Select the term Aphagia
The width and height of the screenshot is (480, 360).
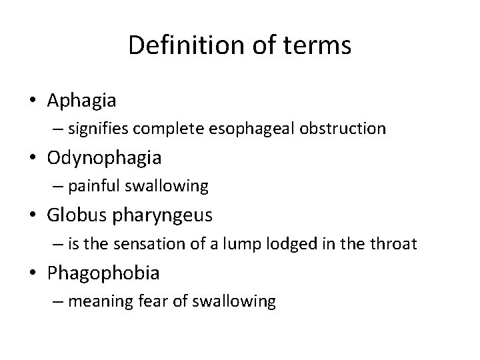click(82, 101)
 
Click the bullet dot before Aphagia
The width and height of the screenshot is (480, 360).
click(33, 101)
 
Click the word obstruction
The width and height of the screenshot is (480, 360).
click(346, 129)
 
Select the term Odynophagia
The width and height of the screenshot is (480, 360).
click(104, 159)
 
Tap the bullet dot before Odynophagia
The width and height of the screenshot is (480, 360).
click(33, 158)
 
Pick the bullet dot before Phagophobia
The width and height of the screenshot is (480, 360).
click(33, 273)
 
